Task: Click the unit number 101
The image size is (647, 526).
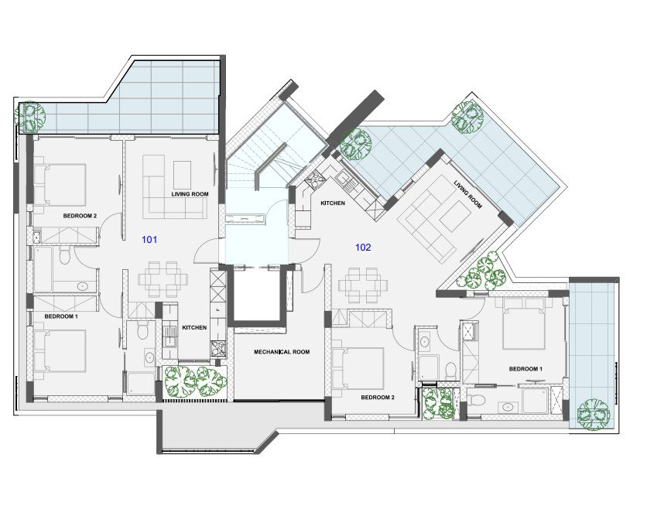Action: pyautogui.click(x=149, y=239)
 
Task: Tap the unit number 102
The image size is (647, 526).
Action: pyautogui.click(x=363, y=247)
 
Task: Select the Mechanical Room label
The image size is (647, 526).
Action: pyautogui.click(x=282, y=352)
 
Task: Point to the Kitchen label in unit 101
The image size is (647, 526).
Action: pyautogui.click(x=194, y=327)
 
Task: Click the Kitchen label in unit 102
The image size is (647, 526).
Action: pyautogui.click(x=333, y=203)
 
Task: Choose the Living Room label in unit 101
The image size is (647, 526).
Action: pyautogui.click(x=190, y=194)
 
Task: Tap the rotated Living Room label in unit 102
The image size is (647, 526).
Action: pyautogui.click(x=468, y=194)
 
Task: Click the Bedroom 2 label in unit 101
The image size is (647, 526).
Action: pyautogui.click(x=80, y=216)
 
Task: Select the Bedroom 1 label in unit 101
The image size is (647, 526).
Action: pyautogui.click(x=61, y=316)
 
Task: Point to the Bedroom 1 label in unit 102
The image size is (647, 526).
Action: pyautogui.click(x=525, y=369)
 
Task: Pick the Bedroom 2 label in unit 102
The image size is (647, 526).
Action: pyautogui.click(x=378, y=398)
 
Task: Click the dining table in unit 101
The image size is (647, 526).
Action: pyautogui.click(x=163, y=279)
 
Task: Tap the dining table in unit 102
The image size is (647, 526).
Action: pyautogui.click(x=363, y=285)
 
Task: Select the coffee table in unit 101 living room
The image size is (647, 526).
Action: pyautogui.click(x=182, y=175)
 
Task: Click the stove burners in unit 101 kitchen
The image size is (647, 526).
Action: pyautogui.click(x=219, y=348)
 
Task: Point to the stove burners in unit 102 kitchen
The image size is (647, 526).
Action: pyautogui.click(x=316, y=178)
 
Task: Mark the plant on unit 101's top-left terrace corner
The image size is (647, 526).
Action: pyautogui.click(x=29, y=116)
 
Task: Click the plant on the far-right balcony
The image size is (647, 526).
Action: pyautogui.click(x=594, y=415)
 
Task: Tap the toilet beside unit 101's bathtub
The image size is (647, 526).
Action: pyautogui.click(x=65, y=256)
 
